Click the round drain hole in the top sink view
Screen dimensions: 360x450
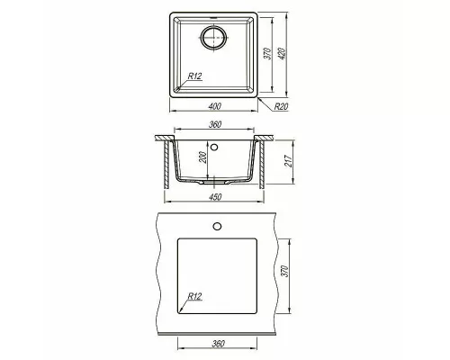[x=216, y=38]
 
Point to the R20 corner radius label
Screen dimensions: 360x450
[x=282, y=105]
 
